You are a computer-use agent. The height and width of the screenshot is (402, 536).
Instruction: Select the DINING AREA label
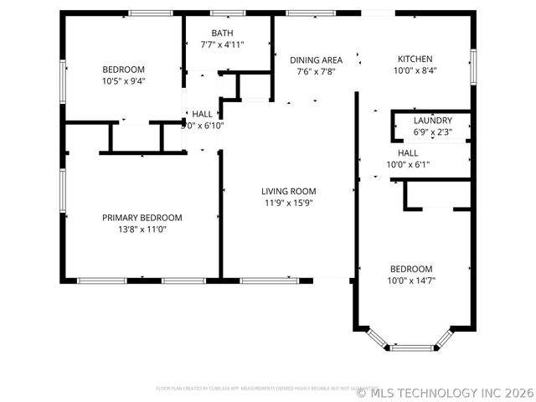(x=316, y=60)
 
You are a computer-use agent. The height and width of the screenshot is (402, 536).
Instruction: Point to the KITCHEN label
(x=415, y=59)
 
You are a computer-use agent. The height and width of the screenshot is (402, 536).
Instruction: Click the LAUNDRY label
(x=433, y=121)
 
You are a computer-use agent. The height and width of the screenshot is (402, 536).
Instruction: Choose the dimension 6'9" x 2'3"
(x=433, y=131)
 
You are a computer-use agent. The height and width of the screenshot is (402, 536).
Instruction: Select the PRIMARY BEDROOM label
(x=142, y=218)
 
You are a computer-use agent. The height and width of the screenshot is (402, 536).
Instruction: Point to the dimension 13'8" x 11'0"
(x=142, y=229)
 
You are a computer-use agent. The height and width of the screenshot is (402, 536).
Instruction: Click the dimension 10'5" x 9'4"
(x=123, y=81)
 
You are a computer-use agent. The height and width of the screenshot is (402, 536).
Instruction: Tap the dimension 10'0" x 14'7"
(x=411, y=280)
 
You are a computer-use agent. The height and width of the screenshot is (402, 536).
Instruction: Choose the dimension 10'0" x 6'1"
(x=408, y=165)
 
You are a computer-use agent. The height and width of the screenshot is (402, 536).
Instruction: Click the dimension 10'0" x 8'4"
(x=415, y=70)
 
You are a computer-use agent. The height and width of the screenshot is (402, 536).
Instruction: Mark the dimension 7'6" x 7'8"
(x=316, y=72)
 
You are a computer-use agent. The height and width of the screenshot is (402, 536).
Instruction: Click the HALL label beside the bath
(x=203, y=114)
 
